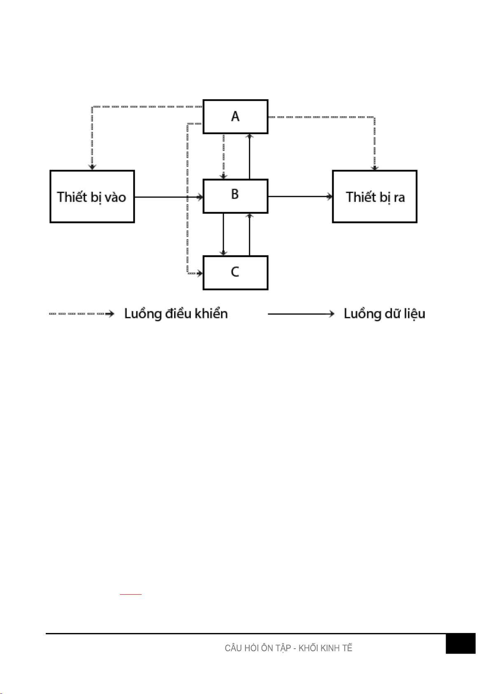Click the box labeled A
tap(235, 117)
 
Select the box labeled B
tap(235, 196)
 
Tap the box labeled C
tap(235, 273)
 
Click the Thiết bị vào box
tap(92, 196)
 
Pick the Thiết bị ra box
tap(374, 196)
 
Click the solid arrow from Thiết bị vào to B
tap(169, 197)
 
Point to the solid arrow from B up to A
tap(249, 157)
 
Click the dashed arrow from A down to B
tap(223, 157)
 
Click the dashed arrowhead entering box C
tap(200, 273)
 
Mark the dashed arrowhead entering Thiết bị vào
tap(93, 167)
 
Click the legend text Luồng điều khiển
tap(176, 314)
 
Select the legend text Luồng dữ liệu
tap(384, 314)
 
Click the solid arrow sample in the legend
tap(301, 314)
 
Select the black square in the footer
tap(460, 644)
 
